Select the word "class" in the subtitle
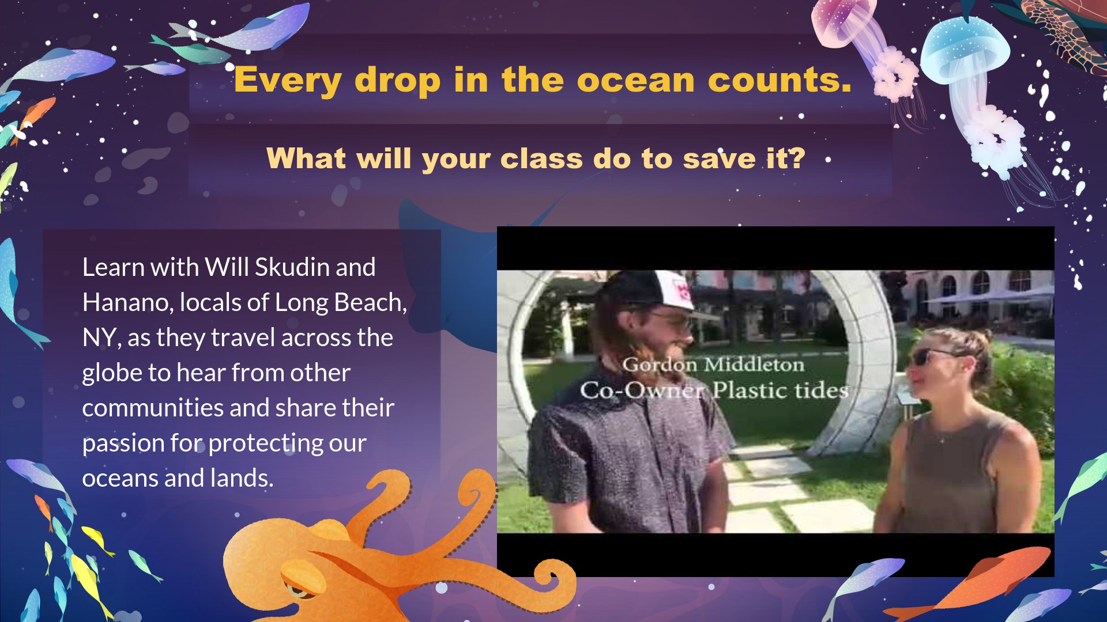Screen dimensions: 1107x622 541,158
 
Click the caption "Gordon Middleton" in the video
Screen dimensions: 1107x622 713,365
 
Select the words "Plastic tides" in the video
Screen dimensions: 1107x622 781,390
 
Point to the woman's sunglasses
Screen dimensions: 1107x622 931,356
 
